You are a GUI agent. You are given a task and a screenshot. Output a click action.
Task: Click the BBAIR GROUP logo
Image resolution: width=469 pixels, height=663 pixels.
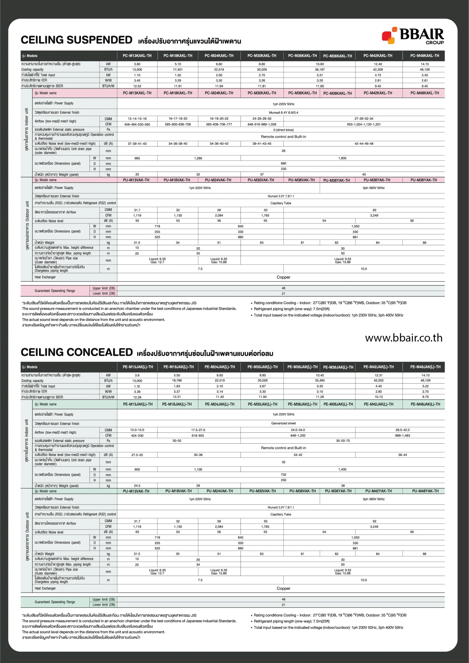tap(413, 35)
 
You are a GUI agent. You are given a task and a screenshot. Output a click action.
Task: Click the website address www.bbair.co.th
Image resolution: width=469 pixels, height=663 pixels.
tap(403, 338)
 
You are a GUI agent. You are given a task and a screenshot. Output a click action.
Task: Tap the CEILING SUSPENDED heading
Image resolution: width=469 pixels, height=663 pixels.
tap(77, 40)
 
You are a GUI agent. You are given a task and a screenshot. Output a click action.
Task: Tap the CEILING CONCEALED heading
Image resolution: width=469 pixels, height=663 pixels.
tap(77, 352)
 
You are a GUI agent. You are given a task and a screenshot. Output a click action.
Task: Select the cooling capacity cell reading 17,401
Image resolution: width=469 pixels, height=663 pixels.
tap(178, 70)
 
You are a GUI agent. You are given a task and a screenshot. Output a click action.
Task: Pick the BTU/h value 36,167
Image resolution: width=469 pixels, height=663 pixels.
tap(319, 70)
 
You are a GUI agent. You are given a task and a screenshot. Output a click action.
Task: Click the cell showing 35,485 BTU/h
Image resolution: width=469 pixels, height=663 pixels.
tap(319, 381)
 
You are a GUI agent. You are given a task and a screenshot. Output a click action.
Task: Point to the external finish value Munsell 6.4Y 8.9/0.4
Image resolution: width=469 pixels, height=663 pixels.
tap(283, 113)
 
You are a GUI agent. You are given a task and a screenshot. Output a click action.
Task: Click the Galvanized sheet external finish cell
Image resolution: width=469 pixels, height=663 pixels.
tap(283, 423)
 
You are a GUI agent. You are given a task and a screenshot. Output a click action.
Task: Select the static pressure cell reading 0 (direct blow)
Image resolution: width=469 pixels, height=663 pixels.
tap(283, 130)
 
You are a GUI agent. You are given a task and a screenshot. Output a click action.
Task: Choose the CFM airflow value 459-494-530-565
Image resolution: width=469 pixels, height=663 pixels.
tap(137, 125)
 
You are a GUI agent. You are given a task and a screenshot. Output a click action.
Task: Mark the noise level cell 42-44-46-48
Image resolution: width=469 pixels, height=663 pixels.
tap(364, 143)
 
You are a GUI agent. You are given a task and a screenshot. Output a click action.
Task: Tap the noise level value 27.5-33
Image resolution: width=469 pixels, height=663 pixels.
tap(137, 455)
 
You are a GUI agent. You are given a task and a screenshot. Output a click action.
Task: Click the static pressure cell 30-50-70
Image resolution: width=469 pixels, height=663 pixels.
tap(343, 441)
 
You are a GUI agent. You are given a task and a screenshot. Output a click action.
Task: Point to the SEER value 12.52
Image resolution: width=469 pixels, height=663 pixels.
tap(137, 86)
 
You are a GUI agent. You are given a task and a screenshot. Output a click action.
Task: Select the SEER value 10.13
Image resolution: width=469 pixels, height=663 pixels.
tap(378, 397)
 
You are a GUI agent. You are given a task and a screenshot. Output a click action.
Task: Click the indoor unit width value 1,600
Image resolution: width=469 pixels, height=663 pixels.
tap(342, 158)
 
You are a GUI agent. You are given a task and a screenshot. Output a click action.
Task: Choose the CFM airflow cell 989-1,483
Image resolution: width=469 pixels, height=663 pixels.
tap(402, 435)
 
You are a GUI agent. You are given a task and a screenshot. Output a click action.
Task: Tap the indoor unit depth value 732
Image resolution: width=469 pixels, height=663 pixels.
tap(283, 474)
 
